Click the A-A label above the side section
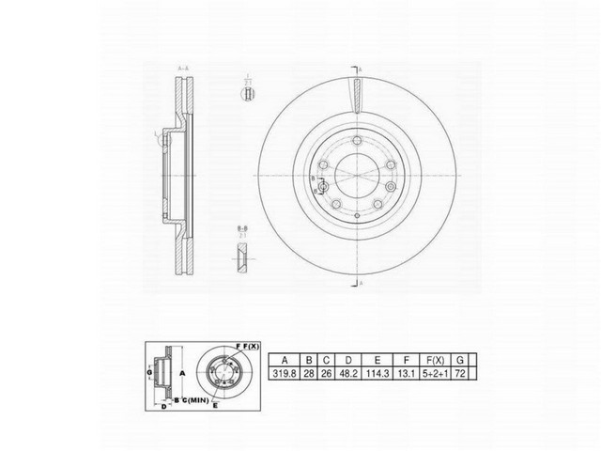click(x=183, y=69)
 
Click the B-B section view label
click(x=242, y=228)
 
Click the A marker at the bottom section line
click(x=363, y=283)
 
